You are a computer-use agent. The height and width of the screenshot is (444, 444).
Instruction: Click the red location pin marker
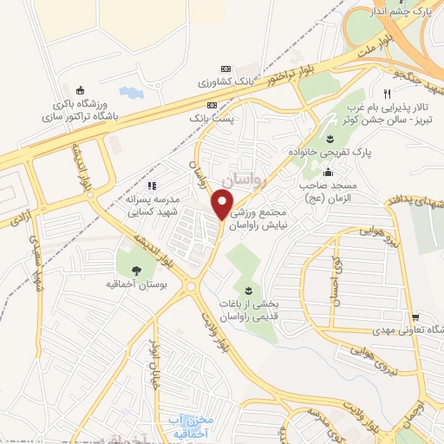tap(222, 206)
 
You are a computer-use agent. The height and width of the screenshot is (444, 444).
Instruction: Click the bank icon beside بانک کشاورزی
tap(226, 69)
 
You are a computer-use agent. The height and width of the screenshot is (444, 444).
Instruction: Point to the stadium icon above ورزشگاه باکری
tap(81, 89)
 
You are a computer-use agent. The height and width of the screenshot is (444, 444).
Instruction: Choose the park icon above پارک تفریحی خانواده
tap(330, 139)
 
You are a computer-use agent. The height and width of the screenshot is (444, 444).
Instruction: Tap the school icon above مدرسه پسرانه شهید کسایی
tap(151, 185)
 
